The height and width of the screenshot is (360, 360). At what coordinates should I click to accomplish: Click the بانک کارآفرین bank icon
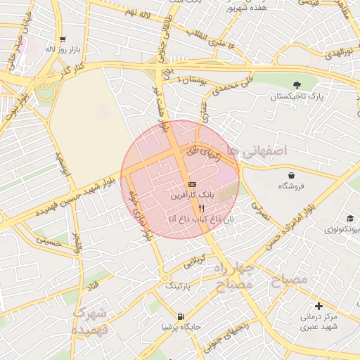pyautogui.click(x=193, y=184)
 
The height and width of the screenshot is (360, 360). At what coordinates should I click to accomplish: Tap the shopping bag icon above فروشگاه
pyautogui.click(x=292, y=174)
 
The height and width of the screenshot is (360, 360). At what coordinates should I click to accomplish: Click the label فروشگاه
pyautogui.click(x=292, y=186)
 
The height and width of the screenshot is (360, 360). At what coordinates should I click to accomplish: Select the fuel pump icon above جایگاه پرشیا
pyautogui.click(x=182, y=316)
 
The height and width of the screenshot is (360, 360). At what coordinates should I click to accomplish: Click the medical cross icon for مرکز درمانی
pyautogui.click(x=320, y=306)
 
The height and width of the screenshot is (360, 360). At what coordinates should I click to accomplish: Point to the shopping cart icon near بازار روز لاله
pyautogui.click(x=63, y=39)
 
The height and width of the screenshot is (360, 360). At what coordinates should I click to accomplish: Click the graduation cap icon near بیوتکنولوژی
pyautogui.click(x=349, y=219)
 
